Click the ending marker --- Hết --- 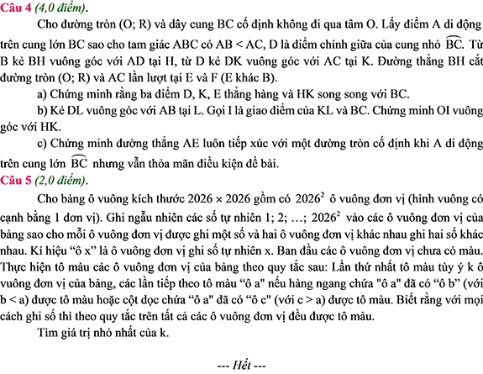pos(241,366)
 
